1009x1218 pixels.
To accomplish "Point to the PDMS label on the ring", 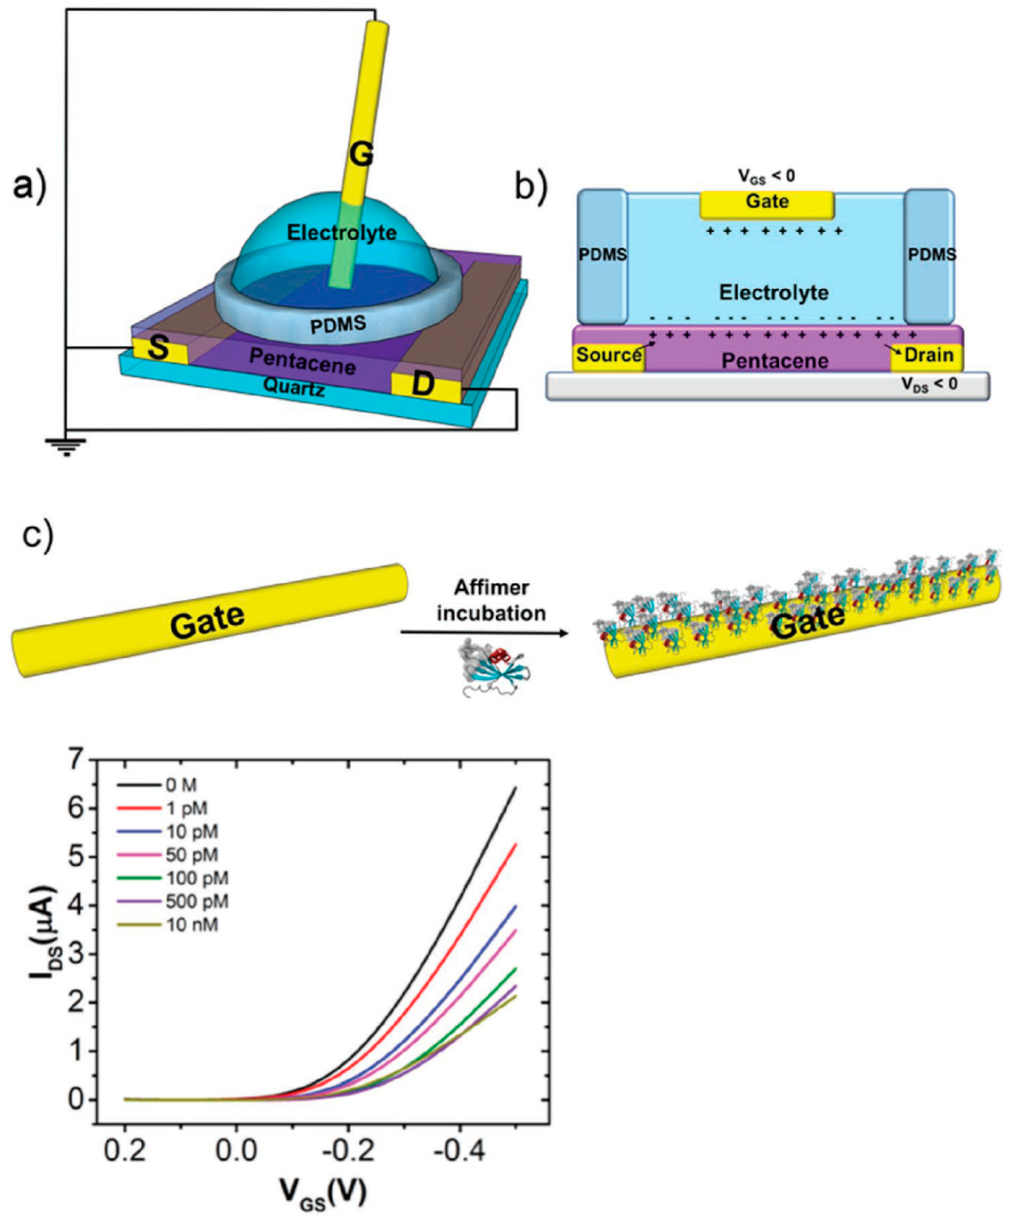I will point(338,324).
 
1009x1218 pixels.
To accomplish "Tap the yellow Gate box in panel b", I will point(767,203).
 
